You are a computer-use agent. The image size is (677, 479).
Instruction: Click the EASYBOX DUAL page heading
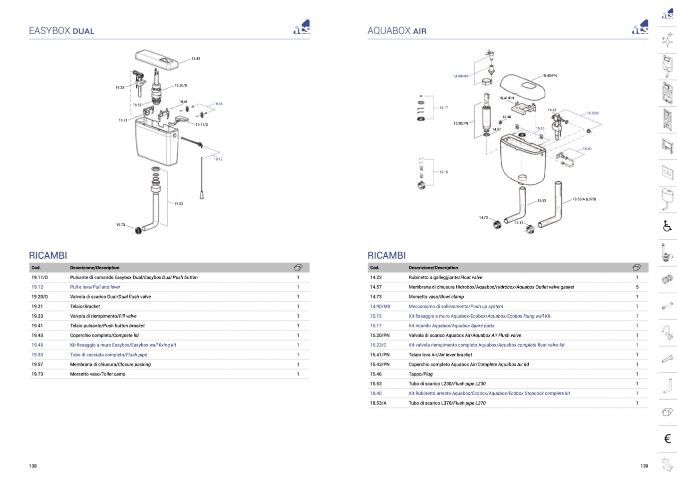tap(61, 31)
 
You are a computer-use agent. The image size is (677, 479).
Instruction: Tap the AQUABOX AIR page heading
tap(397, 31)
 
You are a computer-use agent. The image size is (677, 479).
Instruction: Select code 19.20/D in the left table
tap(39, 297)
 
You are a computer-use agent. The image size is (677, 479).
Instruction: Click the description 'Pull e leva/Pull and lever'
tap(95, 287)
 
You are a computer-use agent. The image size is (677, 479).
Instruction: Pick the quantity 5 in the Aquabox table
tap(637, 287)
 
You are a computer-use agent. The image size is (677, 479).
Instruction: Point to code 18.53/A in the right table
tap(378, 403)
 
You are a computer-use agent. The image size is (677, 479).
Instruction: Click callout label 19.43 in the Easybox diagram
tap(196, 59)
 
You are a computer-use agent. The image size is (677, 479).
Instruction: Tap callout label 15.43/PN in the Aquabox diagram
tap(549, 76)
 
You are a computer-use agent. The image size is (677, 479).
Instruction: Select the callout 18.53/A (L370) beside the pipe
tap(584, 199)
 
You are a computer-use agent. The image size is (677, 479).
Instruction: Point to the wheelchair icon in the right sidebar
tap(667, 226)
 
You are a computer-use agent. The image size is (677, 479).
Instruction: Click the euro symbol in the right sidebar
tap(667, 439)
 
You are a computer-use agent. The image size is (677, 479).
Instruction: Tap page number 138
tap(33, 466)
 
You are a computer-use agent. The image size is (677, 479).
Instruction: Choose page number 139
tap(644, 466)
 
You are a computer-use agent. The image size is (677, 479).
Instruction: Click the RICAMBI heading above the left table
tap(48, 256)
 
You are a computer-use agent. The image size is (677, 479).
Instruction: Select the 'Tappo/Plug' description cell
tap(420, 374)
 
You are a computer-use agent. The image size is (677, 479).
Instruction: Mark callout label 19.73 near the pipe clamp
tap(121, 225)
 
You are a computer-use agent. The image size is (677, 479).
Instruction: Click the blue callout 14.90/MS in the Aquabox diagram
tap(460, 76)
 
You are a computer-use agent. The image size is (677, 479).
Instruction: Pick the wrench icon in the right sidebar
tap(667, 359)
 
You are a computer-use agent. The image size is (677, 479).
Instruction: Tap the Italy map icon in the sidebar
tap(667, 465)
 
